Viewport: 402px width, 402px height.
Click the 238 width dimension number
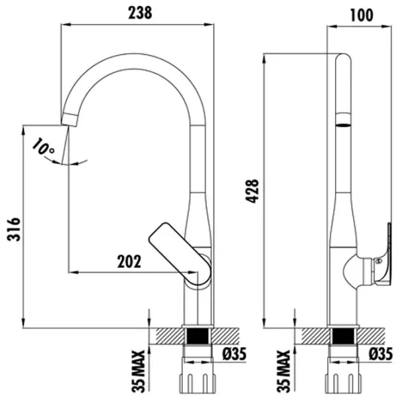(140, 13)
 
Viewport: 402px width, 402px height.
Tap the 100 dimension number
(362, 15)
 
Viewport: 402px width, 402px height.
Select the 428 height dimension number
(253, 192)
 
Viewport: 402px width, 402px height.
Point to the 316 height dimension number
(13, 229)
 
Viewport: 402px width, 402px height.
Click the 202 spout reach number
(129, 261)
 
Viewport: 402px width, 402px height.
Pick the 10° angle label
(43, 147)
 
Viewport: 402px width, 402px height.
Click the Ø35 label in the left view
(234, 354)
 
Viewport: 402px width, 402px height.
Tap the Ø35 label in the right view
(381, 354)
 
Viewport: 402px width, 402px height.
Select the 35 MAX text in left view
(139, 371)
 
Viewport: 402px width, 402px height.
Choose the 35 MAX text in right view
(283, 371)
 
